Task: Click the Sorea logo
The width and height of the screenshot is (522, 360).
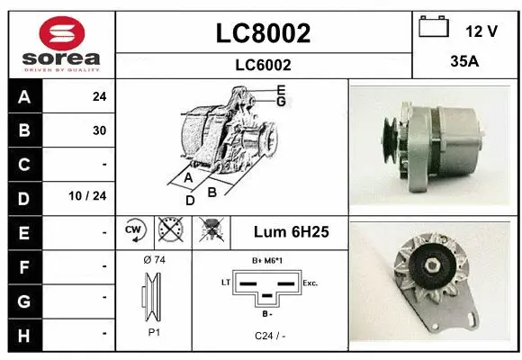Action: click(60, 42)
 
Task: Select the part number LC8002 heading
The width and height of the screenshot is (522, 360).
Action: click(263, 33)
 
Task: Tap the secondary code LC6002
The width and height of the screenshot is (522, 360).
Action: click(263, 65)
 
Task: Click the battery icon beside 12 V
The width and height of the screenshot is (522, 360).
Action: click(434, 28)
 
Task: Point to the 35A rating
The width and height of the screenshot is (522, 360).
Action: click(463, 64)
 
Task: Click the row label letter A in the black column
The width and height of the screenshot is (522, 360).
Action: click(24, 97)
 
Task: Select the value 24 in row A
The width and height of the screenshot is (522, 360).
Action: click(99, 97)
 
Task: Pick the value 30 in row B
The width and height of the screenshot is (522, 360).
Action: click(99, 130)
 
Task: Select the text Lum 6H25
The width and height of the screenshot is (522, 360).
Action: click(291, 232)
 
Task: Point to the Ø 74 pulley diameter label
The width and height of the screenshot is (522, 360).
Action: click(154, 260)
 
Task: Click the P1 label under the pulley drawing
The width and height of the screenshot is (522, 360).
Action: click(154, 332)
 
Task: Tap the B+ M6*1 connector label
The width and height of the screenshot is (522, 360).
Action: click(268, 260)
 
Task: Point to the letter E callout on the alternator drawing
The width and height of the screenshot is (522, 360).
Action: click(282, 90)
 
